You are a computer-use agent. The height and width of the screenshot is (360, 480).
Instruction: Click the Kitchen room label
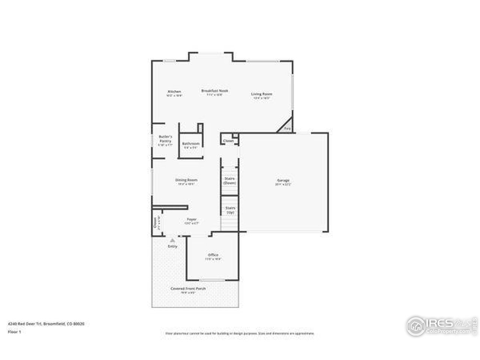point(174,92)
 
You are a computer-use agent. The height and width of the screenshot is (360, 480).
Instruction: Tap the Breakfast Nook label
point(214,91)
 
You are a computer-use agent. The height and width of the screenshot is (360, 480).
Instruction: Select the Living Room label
point(261,94)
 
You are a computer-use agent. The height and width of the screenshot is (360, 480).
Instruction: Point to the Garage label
point(283,181)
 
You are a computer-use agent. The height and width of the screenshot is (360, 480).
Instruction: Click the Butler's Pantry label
point(165,138)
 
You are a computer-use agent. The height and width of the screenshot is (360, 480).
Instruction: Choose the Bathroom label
point(190,144)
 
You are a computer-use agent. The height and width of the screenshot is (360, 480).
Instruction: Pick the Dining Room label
point(186,180)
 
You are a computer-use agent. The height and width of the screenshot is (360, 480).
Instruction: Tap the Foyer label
point(191,220)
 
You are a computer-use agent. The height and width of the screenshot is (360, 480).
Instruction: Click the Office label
point(213,255)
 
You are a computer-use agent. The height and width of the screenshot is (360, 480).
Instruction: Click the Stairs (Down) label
point(229,181)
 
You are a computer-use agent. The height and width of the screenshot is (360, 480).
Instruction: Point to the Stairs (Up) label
point(230,210)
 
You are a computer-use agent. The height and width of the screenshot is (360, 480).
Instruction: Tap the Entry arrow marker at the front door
point(172,240)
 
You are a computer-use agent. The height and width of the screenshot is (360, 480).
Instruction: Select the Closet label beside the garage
point(228,141)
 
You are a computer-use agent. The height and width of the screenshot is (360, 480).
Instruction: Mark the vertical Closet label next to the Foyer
point(155,224)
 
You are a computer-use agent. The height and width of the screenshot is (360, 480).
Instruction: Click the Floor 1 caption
point(14,332)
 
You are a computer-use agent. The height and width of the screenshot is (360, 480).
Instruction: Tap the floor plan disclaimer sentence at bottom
point(240,333)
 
